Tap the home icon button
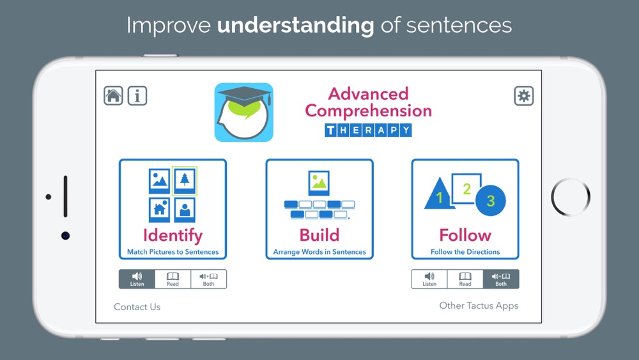point(113,96)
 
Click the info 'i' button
point(137,96)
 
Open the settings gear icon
point(524,96)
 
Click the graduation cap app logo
point(243,113)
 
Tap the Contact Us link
point(137,307)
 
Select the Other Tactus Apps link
point(479,306)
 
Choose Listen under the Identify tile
point(137,279)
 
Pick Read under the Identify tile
point(173,279)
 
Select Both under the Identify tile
point(209,279)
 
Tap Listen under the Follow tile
point(429,279)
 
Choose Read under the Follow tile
point(465,279)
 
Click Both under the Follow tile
point(501,279)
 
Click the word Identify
point(173,236)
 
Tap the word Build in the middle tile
point(319,235)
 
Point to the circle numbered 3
point(491,200)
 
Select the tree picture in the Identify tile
point(185,181)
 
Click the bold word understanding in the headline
point(295,26)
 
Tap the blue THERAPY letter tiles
point(368,130)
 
